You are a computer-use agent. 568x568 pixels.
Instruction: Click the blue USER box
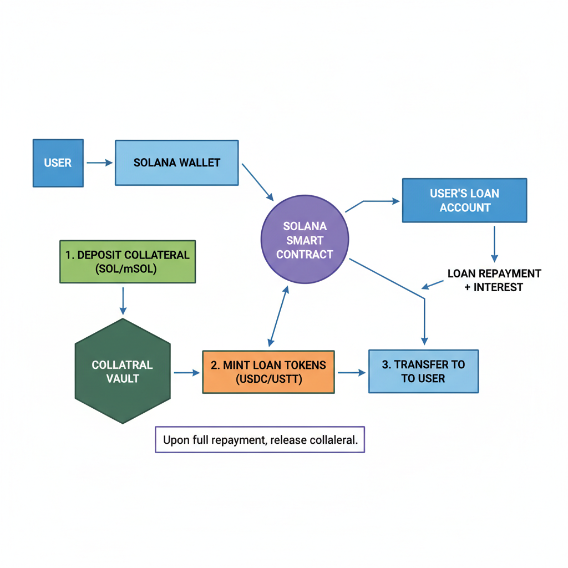point(58,163)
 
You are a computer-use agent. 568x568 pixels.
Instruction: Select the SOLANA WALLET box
point(176,163)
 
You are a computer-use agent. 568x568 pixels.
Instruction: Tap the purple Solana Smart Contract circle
point(305,240)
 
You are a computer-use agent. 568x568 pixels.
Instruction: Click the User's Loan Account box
point(464,200)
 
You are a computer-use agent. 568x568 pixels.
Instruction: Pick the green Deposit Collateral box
point(127,261)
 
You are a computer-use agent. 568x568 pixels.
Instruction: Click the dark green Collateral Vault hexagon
point(123,371)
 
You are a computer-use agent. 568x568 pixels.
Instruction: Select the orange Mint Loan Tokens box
point(268,372)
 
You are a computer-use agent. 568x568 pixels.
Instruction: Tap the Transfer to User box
point(423,371)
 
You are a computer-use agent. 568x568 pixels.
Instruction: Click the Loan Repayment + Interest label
point(494,280)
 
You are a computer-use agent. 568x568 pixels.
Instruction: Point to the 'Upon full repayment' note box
point(260,439)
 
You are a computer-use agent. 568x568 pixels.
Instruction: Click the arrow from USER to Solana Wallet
point(100,163)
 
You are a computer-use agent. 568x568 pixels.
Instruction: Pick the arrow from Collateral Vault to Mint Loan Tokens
point(187,373)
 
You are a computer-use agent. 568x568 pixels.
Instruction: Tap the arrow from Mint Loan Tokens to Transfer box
point(352,373)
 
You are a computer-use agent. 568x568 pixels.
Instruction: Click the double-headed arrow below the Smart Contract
point(278,316)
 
